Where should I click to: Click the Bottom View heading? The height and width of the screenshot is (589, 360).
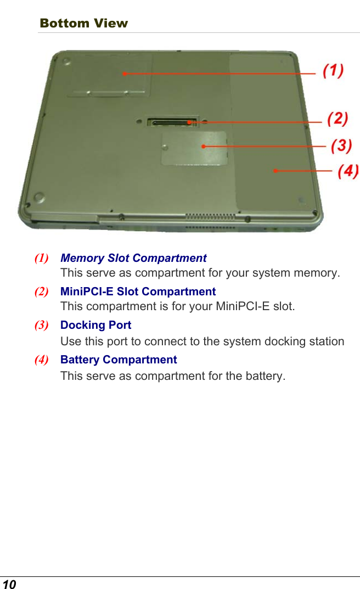[83, 23]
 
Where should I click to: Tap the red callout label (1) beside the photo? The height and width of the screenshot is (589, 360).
[333, 71]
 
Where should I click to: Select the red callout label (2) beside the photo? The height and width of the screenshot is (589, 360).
[337, 119]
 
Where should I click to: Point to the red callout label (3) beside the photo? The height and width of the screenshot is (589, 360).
[341, 145]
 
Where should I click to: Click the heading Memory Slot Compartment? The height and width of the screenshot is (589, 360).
[133, 258]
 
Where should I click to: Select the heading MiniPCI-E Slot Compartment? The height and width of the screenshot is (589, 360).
[138, 291]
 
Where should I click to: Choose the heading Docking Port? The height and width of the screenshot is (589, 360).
[95, 325]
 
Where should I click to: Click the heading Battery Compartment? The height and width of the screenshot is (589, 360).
[119, 360]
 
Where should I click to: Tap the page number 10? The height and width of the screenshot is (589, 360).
[9, 584]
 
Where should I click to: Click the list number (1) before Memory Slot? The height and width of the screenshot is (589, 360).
[41, 258]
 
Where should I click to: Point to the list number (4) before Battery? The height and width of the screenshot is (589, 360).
[41, 360]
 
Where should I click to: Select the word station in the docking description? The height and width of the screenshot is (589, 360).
[325, 341]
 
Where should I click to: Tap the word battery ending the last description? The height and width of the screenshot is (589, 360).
[266, 377]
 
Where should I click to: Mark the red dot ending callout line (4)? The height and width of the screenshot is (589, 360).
[274, 171]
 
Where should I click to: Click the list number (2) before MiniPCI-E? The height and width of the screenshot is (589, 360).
[41, 291]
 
